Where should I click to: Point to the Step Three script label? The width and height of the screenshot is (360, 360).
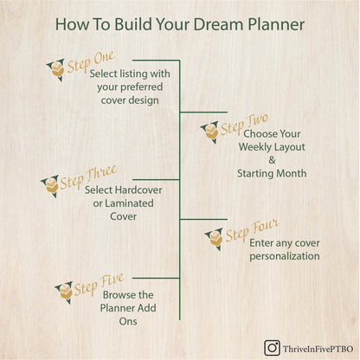pos(88,176)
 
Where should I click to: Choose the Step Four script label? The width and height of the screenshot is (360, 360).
pos(252,233)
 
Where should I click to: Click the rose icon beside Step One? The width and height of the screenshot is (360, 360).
pos(57,69)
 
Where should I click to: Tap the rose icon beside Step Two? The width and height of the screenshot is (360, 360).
pos(209,132)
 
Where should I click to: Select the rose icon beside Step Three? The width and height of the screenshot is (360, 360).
pos(51,185)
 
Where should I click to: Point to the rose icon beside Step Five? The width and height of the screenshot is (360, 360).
pos(63,292)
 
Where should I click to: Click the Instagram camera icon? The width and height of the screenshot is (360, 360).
pos(272,347)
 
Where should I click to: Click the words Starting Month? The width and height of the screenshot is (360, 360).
pos(272,173)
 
